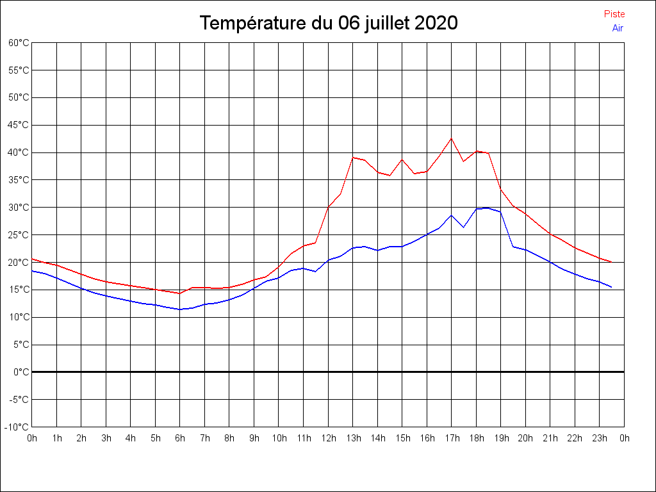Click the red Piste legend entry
(614, 14)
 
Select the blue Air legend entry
(618, 28)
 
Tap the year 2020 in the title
(436, 23)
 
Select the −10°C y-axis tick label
(17, 427)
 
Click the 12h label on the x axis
(328, 438)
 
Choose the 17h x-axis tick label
(452, 438)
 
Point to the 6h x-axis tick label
(180, 438)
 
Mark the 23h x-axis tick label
(600, 438)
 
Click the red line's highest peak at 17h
(451, 138)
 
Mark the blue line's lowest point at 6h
(180, 309)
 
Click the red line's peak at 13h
(353, 157)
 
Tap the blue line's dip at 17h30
(463, 227)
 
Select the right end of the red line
(612, 262)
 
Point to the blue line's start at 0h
(32, 270)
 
